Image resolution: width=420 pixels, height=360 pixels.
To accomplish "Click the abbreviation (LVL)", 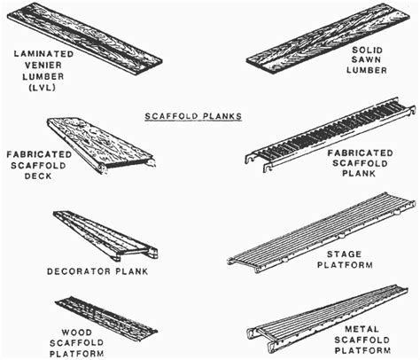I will click(44, 88).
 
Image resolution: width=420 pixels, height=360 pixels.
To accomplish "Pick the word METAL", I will click(364, 329).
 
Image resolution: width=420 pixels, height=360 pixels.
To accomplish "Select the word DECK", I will click(34, 175).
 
